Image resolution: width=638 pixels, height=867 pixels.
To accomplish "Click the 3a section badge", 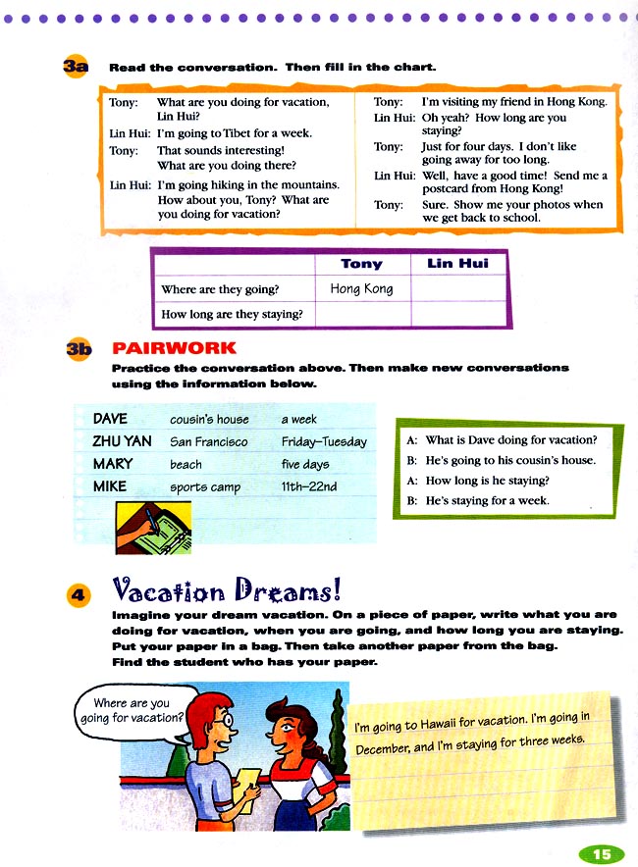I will click(x=76, y=67).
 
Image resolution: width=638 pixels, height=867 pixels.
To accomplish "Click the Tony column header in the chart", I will click(x=361, y=264).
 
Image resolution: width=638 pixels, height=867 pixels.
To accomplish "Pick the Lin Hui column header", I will click(x=457, y=264).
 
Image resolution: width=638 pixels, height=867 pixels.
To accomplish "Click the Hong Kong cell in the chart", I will click(x=361, y=288).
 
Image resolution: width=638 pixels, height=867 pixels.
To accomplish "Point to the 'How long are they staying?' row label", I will click(x=232, y=314).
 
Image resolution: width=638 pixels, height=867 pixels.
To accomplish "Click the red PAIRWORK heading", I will click(x=174, y=348).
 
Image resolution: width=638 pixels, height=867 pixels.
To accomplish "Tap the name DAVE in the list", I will click(x=110, y=419).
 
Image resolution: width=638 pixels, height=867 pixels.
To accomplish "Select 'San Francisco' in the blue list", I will click(x=208, y=441).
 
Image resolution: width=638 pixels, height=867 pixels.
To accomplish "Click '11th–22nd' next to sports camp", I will click(x=309, y=486).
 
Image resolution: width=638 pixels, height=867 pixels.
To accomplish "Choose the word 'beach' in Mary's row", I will click(x=186, y=464).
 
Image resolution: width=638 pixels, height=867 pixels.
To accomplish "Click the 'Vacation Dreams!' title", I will click(x=227, y=590).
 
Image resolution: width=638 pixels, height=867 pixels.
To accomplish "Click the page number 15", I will click(x=601, y=854).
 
